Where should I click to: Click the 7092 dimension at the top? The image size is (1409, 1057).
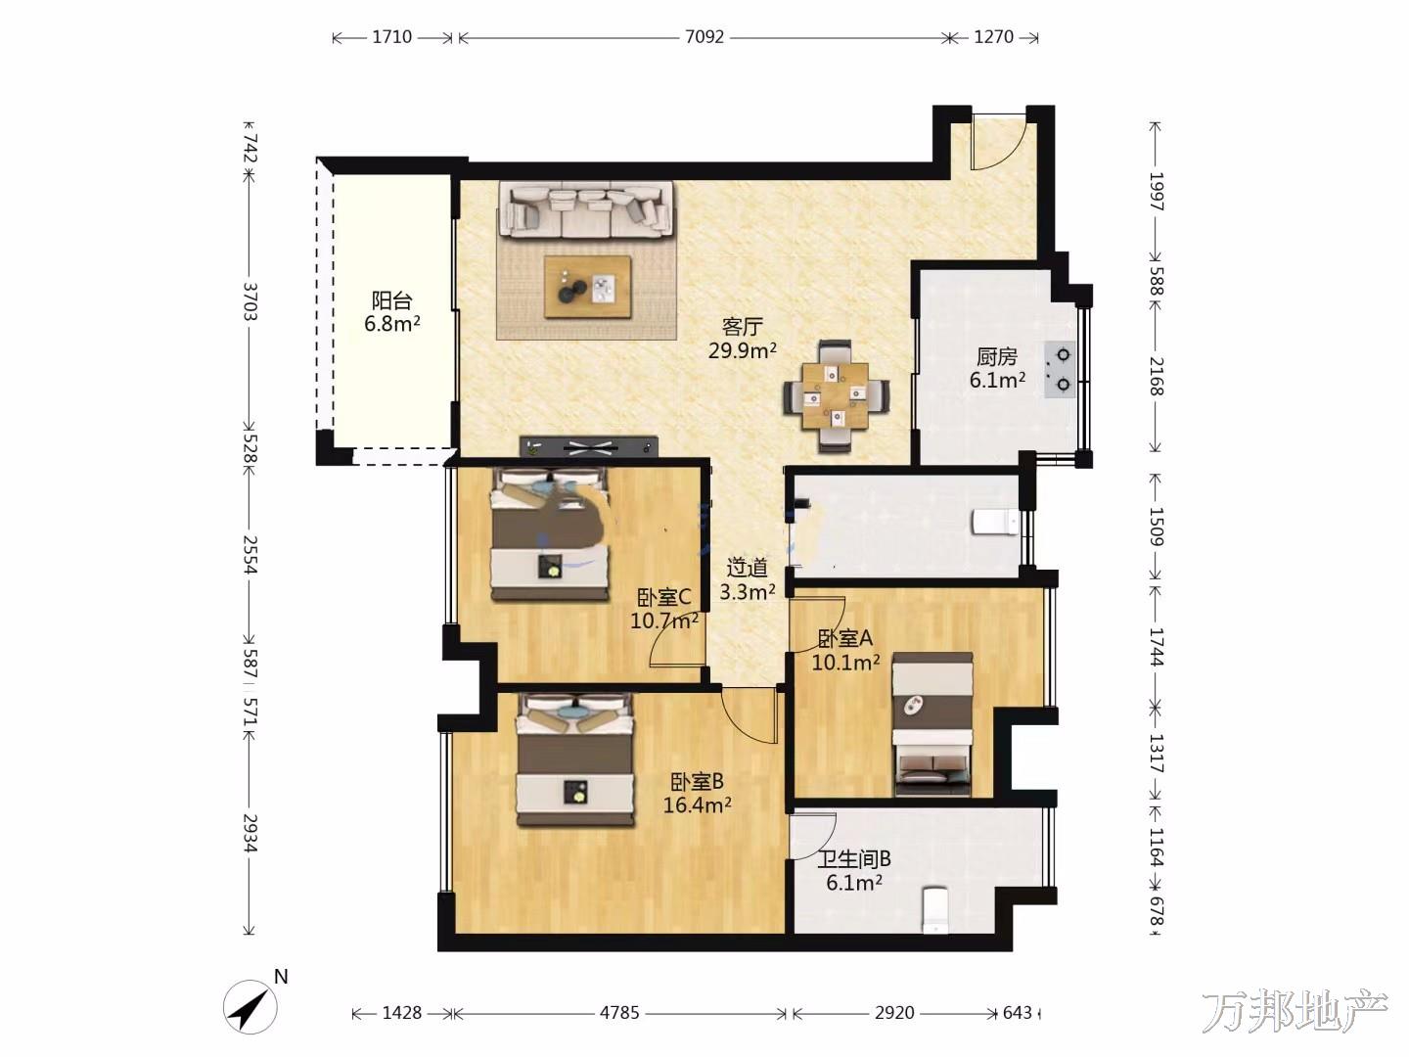click(x=704, y=37)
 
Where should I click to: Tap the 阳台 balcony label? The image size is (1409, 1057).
click(x=392, y=299)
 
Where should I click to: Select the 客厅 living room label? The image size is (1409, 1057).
click(x=743, y=327)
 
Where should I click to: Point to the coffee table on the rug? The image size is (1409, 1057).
click(x=587, y=287)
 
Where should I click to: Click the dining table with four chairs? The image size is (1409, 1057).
click(x=836, y=396)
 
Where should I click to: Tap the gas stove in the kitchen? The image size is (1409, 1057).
click(x=1060, y=370)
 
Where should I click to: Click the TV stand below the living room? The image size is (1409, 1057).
click(x=589, y=446)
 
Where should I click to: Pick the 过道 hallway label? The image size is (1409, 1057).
click(x=748, y=568)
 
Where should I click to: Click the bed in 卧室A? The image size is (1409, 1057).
click(x=932, y=724)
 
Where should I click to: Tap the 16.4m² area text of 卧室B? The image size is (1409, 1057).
click(x=697, y=804)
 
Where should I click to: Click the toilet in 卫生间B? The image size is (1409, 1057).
click(x=934, y=909)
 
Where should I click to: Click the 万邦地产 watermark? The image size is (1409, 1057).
click(x=1295, y=1012)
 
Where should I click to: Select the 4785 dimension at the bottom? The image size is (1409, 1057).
click(x=619, y=1013)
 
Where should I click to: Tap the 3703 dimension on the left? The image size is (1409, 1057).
click(x=250, y=301)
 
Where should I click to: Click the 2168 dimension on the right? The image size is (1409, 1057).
click(x=1157, y=376)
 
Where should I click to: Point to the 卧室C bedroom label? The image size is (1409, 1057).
click(x=664, y=597)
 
